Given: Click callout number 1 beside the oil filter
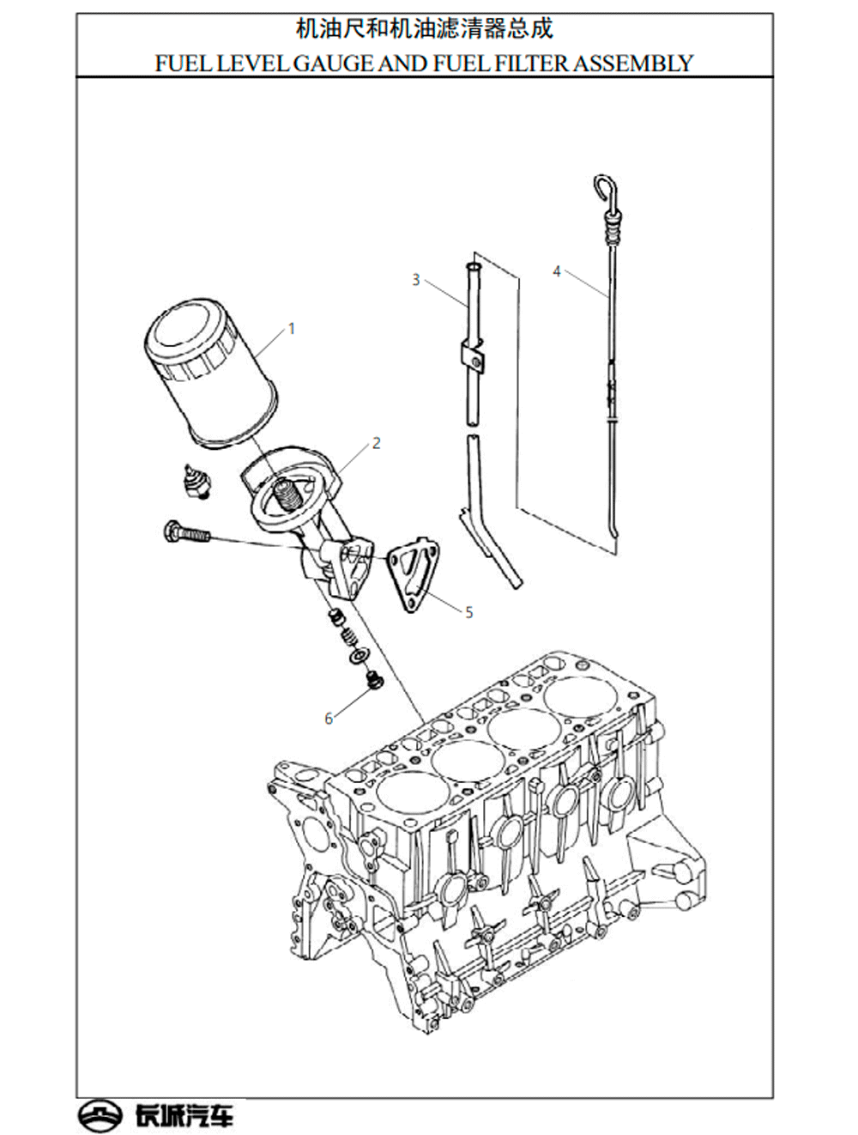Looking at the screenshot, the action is pyautogui.click(x=292, y=328).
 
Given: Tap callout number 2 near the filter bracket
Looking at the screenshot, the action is pyautogui.click(x=376, y=443).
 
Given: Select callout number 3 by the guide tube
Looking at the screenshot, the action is pyautogui.click(x=416, y=280).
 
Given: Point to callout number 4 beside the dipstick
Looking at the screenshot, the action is pyautogui.click(x=556, y=271).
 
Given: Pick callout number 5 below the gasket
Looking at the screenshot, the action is pyautogui.click(x=469, y=612).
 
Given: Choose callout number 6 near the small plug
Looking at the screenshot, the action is pyautogui.click(x=329, y=719).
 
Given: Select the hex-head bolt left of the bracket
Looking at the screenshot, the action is pyautogui.click(x=186, y=532).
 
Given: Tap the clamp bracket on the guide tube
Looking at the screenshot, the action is pyautogui.click(x=473, y=355).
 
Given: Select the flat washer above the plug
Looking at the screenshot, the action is pyautogui.click(x=358, y=656).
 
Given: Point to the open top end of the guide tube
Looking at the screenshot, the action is pyautogui.click(x=473, y=266).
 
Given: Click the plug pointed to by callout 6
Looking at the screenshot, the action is pyautogui.click(x=374, y=681).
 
